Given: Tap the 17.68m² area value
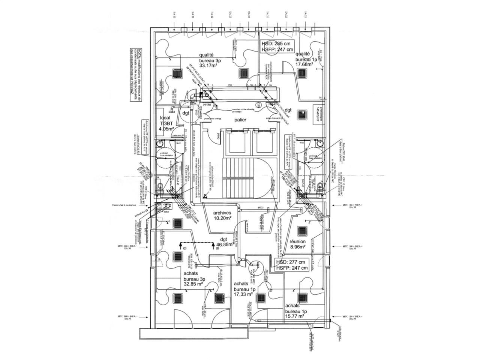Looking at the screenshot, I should [x=304, y=64].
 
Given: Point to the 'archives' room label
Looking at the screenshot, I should [x=222, y=213].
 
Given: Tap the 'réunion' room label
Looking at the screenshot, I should [x=297, y=242].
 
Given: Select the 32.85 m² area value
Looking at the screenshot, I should [x=193, y=284].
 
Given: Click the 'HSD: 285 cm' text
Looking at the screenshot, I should [x=277, y=43].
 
